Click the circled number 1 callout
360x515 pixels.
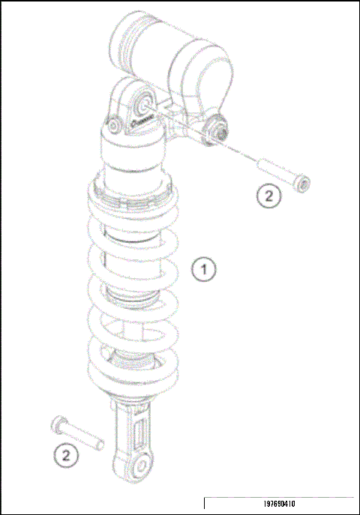pos(203,269)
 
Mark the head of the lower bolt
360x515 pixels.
pos(56,424)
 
